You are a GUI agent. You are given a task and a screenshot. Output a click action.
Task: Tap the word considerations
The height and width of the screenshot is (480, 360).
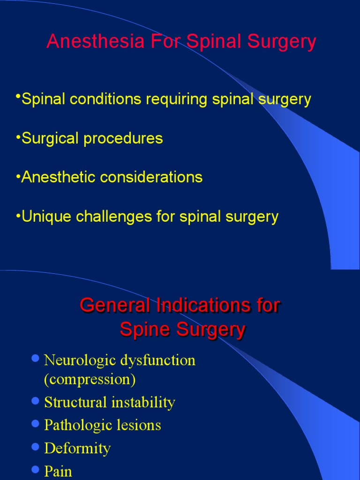(151, 177)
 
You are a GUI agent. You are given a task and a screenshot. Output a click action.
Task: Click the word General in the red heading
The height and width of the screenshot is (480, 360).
(111, 306)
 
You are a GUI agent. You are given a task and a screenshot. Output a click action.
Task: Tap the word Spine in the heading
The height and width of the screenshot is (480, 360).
(140, 330)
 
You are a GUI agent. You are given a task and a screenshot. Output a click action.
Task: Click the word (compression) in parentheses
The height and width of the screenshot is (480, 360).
(90, 379)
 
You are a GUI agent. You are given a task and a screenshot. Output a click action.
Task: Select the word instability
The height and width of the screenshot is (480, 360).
(146, 402)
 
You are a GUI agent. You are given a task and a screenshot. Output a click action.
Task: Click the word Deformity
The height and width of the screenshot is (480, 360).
(77, 448)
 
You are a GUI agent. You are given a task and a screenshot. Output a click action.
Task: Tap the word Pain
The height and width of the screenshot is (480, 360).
(58, 471)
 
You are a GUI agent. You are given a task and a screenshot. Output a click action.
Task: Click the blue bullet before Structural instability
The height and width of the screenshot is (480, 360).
(35, 401)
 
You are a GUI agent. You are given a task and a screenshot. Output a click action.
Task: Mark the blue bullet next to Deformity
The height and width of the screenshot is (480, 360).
(35, 447)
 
